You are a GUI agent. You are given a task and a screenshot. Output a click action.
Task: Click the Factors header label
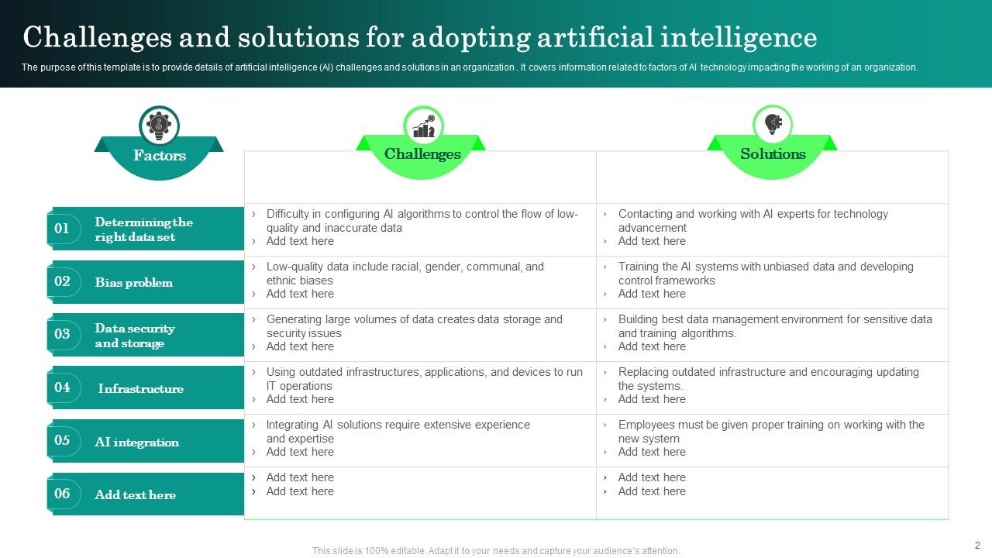point(159,156)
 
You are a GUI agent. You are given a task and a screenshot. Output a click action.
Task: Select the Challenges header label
point(422,154)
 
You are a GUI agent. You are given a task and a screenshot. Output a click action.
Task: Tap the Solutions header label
point(773,154)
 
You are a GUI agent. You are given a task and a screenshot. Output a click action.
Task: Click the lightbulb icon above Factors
point(159,126)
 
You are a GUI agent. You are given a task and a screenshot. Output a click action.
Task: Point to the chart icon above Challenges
point(423,126)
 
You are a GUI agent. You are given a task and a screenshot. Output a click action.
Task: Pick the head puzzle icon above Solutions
point(773,124)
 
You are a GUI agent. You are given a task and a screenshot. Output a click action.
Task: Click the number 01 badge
point(63,229)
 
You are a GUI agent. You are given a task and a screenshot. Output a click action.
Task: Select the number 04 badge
point(63,387)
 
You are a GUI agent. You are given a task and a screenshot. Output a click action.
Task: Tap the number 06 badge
point(63,494)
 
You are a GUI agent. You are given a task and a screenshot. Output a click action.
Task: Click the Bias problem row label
point(134,283)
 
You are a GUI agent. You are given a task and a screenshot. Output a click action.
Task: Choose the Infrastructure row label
point(141,389)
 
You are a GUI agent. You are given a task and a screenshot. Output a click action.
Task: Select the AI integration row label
point(137,443)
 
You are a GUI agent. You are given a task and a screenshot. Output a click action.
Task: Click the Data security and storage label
point(135,336)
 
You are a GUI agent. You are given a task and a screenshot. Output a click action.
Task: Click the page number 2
point(977,545)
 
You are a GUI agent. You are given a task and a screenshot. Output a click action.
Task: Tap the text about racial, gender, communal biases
point(405,274)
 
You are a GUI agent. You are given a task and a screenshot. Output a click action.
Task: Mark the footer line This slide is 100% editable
point(496,551)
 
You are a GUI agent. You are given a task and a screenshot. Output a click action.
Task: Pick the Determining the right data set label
point(143,229)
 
